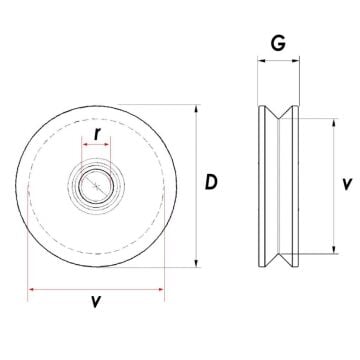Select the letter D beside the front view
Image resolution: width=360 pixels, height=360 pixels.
(211, 183)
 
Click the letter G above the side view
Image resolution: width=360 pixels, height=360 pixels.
(279, 43)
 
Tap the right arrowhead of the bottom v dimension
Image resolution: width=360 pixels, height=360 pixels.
(161, 290)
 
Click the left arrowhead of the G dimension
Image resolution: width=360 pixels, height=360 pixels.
(261, 61)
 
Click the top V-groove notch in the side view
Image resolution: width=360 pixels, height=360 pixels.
(279, 115)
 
